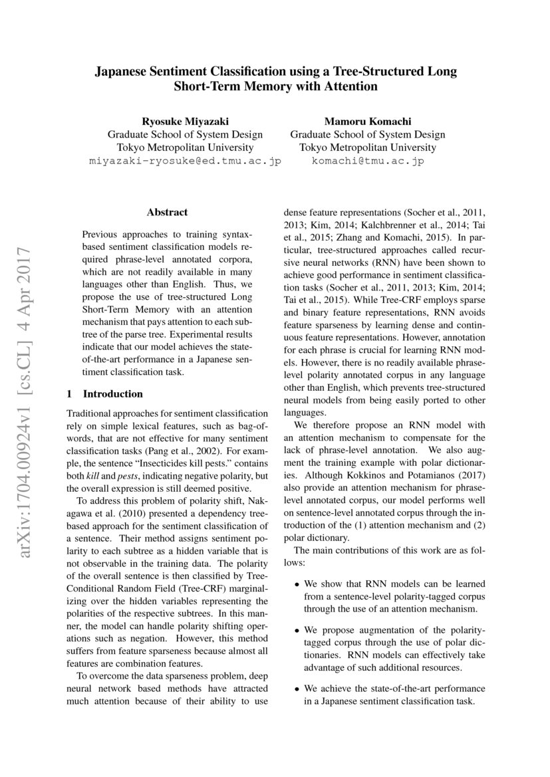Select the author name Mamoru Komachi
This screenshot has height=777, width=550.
[x=368, y=121]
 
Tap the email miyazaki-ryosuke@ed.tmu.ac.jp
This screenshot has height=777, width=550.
[x=185, y=161]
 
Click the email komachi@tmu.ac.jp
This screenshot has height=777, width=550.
[x=368, y=161]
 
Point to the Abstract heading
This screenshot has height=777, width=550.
[x=167, y=213]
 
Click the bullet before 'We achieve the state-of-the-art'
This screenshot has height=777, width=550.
[x=297, y=689]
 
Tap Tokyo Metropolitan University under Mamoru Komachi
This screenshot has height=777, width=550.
[x=368, y=148]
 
